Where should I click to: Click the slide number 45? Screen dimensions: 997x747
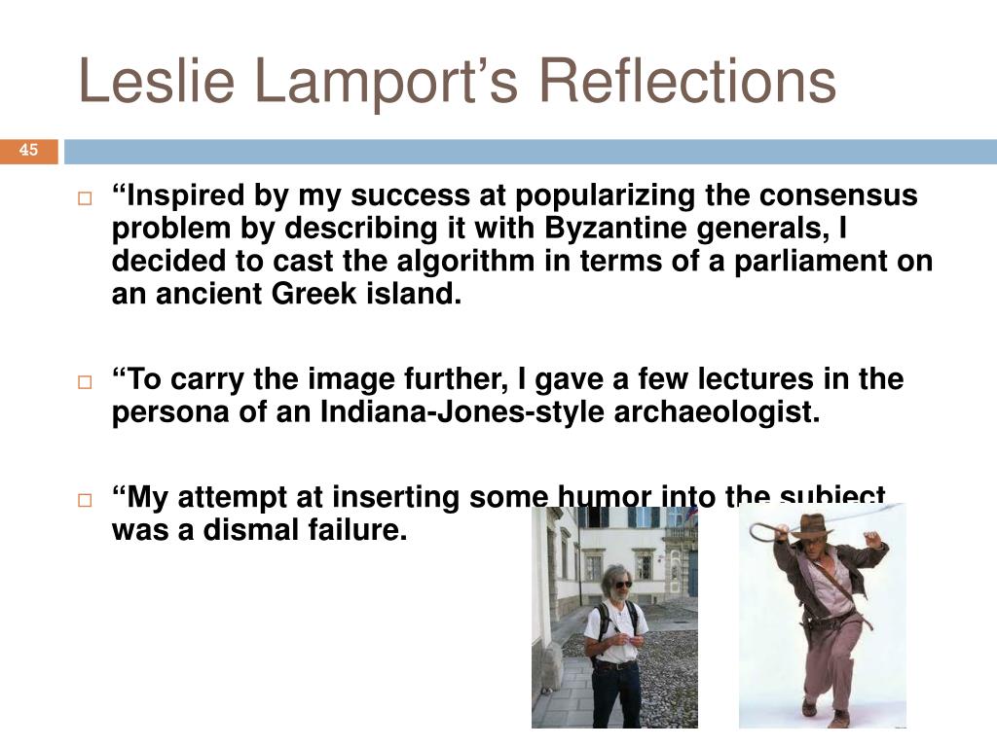tap(28, 150)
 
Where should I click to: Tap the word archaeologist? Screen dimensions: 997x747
tap(717, 411)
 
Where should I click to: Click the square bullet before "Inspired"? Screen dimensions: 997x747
tap(85, 198)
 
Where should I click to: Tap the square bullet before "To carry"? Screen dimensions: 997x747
tap(85, 381)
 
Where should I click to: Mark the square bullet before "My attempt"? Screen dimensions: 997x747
tap(85, 500)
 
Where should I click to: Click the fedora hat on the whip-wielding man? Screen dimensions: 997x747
tap(817, 526)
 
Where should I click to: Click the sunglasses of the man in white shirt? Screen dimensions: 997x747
tap(622, 585)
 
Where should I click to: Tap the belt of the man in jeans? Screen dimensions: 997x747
tap(615, 664)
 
